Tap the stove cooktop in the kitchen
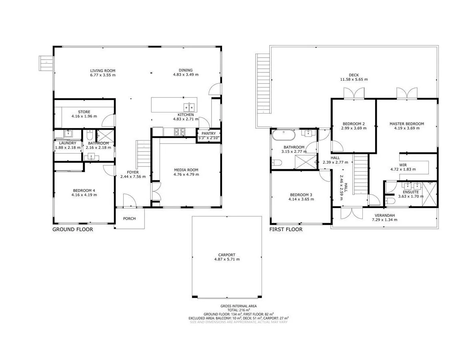tap(179, 131)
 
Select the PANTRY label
tap(208, 134)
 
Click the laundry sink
tap(68, 134)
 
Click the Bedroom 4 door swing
tap(108, 170)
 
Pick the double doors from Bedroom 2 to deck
tap(354, 93)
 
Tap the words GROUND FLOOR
tap(73, 230)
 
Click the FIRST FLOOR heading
tap(286, 230)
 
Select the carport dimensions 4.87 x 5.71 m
tap(227, 259)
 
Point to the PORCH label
tap(129, 218)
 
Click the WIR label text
tap(403, 164)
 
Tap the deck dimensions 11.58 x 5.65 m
tap(354, 79)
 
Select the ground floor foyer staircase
tap(143, 156)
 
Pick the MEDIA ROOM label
tap(186, 169)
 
